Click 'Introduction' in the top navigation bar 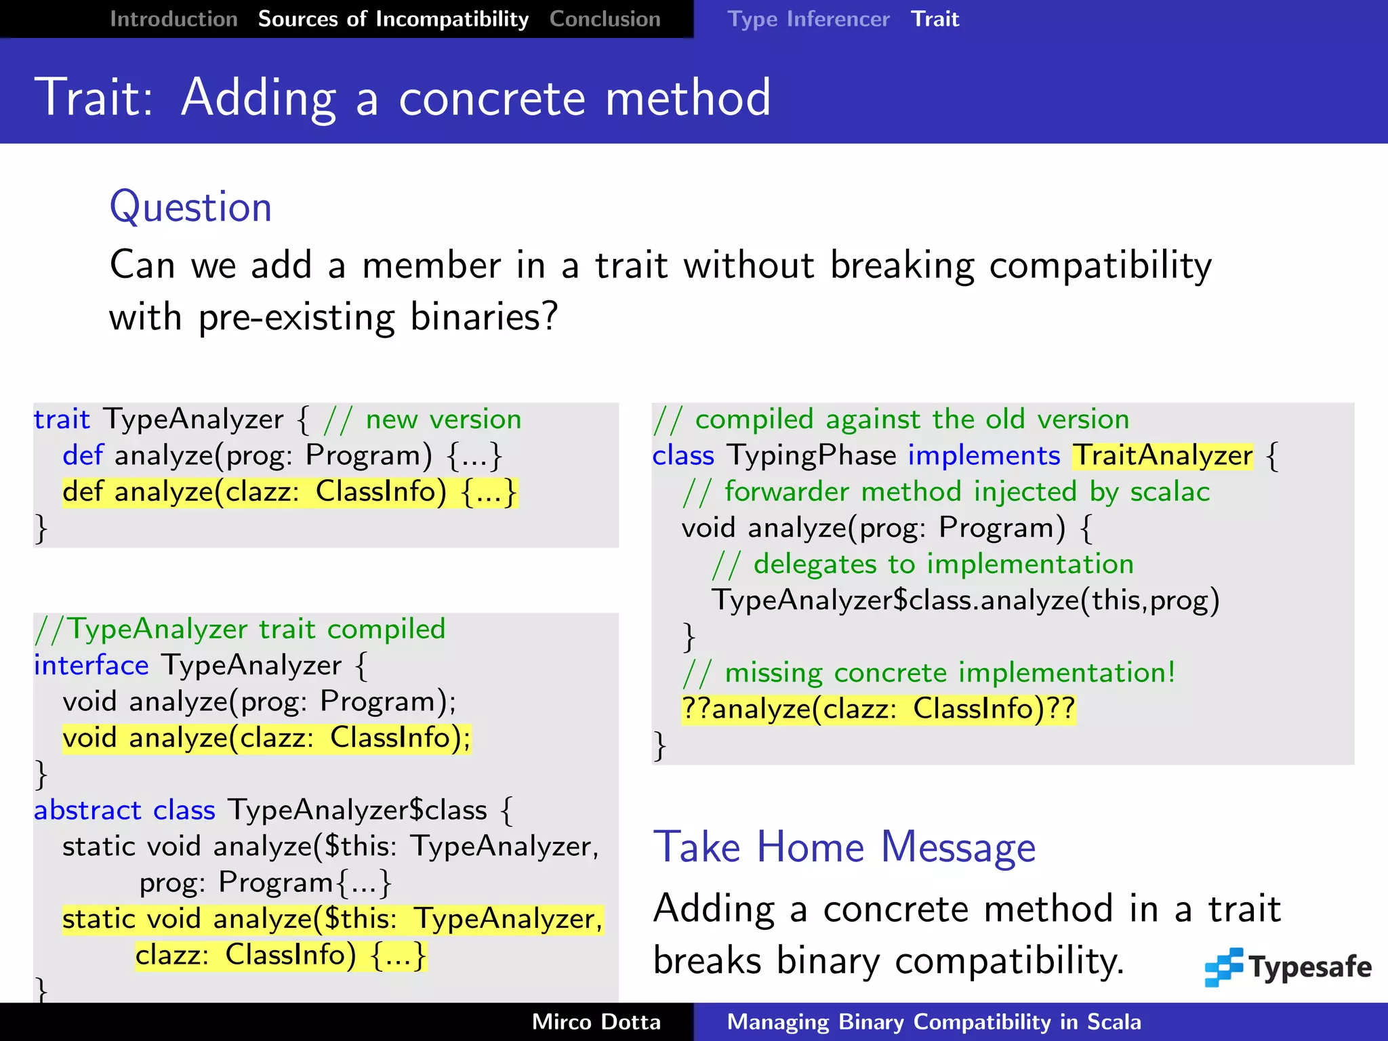pos(173,19)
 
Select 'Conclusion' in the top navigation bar pos(605,19)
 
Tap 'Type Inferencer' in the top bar pos(808,19)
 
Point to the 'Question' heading pos(190,207)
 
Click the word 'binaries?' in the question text pos(484,317)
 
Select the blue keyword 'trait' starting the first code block pos(62,420)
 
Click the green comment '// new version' pos(423,420)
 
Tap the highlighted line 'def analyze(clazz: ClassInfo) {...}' pos(289,492)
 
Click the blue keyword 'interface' pos(91,666)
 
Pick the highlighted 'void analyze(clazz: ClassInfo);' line pos(266,737)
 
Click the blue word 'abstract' pos(87,811)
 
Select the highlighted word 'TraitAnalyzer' pos(1162,455)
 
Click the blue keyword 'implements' pos(983,455)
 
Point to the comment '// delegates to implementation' pos(922,565)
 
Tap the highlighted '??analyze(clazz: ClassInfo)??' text pos(878,709)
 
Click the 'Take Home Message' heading pos(844,847)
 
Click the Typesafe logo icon pos(1223,966)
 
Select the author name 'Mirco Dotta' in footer pos(596,1022)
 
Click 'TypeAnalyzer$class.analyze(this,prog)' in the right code pos(964,600)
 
